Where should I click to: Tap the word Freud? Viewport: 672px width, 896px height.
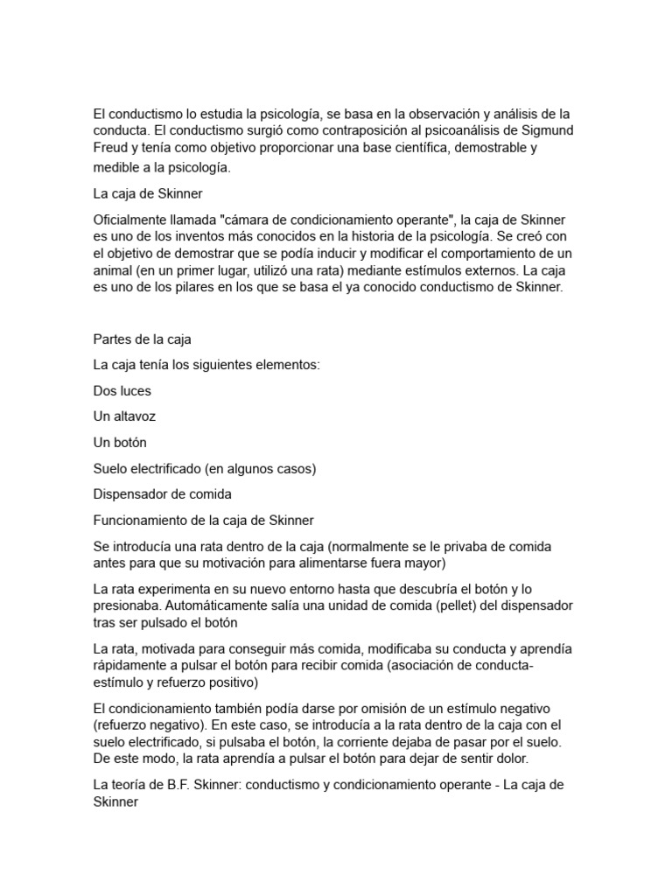pos(111,148)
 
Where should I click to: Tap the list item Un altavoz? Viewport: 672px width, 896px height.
pos(124,416)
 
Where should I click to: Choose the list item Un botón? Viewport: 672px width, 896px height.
pos(120,443)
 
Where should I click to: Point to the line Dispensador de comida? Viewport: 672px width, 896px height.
pos(162,494)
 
